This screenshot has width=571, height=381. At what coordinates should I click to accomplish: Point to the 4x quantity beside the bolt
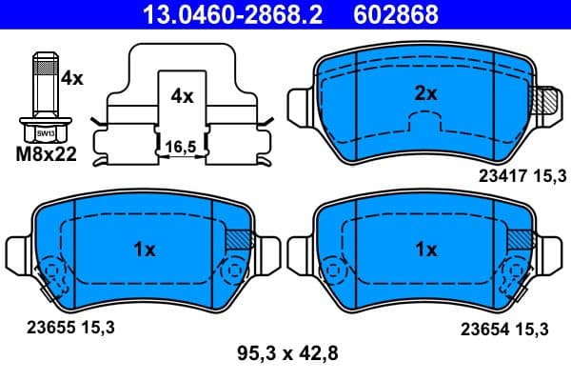tap(71, 79)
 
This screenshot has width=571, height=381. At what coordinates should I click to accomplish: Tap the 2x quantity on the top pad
tap(425, 93)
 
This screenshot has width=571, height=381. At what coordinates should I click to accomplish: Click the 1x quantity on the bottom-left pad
tap(143, 250)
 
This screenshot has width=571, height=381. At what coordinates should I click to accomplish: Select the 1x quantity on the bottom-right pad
tap(425, 250)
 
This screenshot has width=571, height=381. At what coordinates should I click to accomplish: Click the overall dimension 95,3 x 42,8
tap(285, 354)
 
